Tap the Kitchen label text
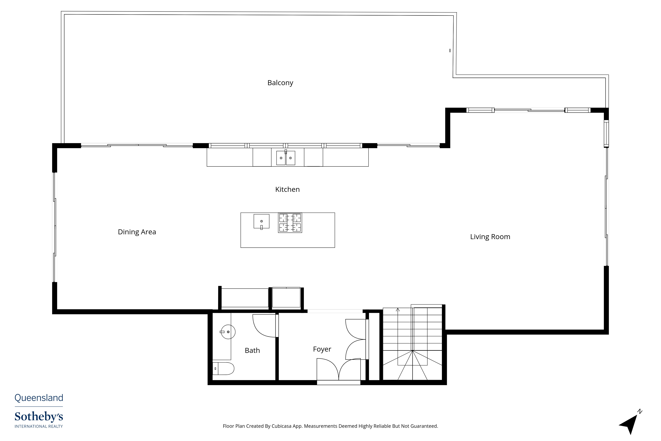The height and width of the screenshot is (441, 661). point(287,189)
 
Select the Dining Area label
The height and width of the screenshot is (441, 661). point(137,232)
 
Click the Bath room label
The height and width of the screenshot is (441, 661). point(252,350)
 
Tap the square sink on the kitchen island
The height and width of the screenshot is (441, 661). point(261,221)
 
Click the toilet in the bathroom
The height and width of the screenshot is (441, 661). point(223,368)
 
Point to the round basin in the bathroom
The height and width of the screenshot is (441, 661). point(228,332)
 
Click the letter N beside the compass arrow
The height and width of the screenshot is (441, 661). point(640,411)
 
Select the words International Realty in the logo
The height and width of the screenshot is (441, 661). point(39,426)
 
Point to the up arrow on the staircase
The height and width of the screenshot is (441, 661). point(398,310)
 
